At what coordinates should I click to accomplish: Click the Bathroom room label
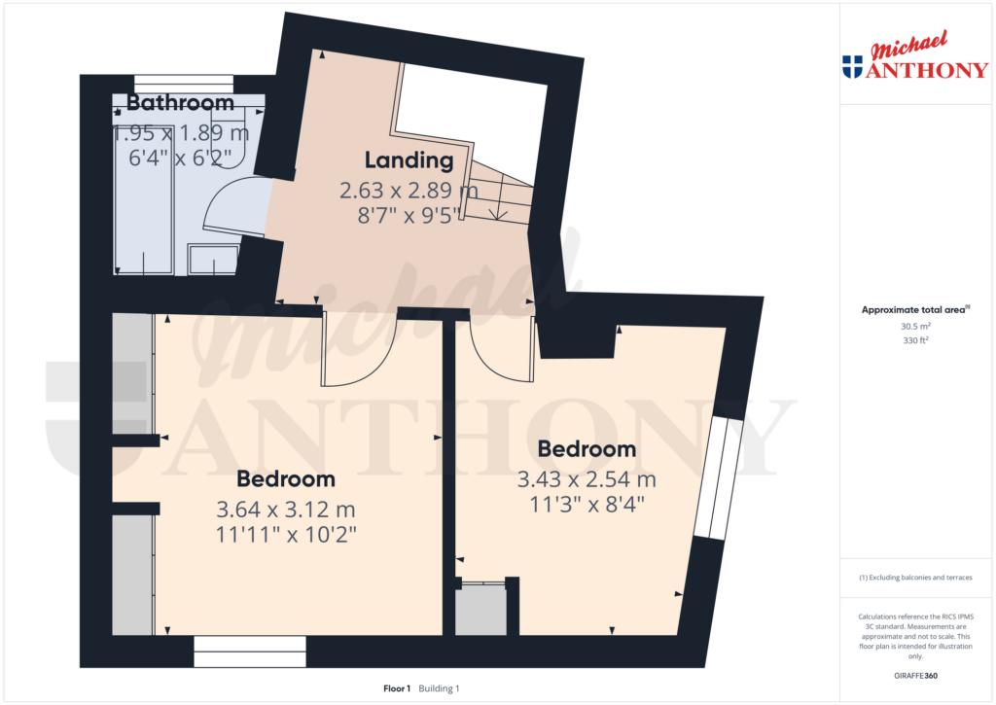180,103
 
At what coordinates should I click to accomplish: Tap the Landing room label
409,160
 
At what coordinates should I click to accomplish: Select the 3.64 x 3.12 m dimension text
286,509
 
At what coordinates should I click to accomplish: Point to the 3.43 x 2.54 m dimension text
587,479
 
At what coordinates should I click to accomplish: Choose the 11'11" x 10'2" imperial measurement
286,536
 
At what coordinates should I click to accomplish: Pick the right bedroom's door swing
499,349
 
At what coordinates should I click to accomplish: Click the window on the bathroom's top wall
183,83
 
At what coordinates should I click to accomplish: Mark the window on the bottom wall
250,651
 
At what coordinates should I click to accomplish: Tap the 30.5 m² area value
916,327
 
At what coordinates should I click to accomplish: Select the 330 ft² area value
916,341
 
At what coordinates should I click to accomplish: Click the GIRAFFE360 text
916,676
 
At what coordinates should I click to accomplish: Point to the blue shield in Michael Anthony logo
852,67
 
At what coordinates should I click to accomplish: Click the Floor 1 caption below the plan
397,688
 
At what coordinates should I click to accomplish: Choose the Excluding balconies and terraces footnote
916,578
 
